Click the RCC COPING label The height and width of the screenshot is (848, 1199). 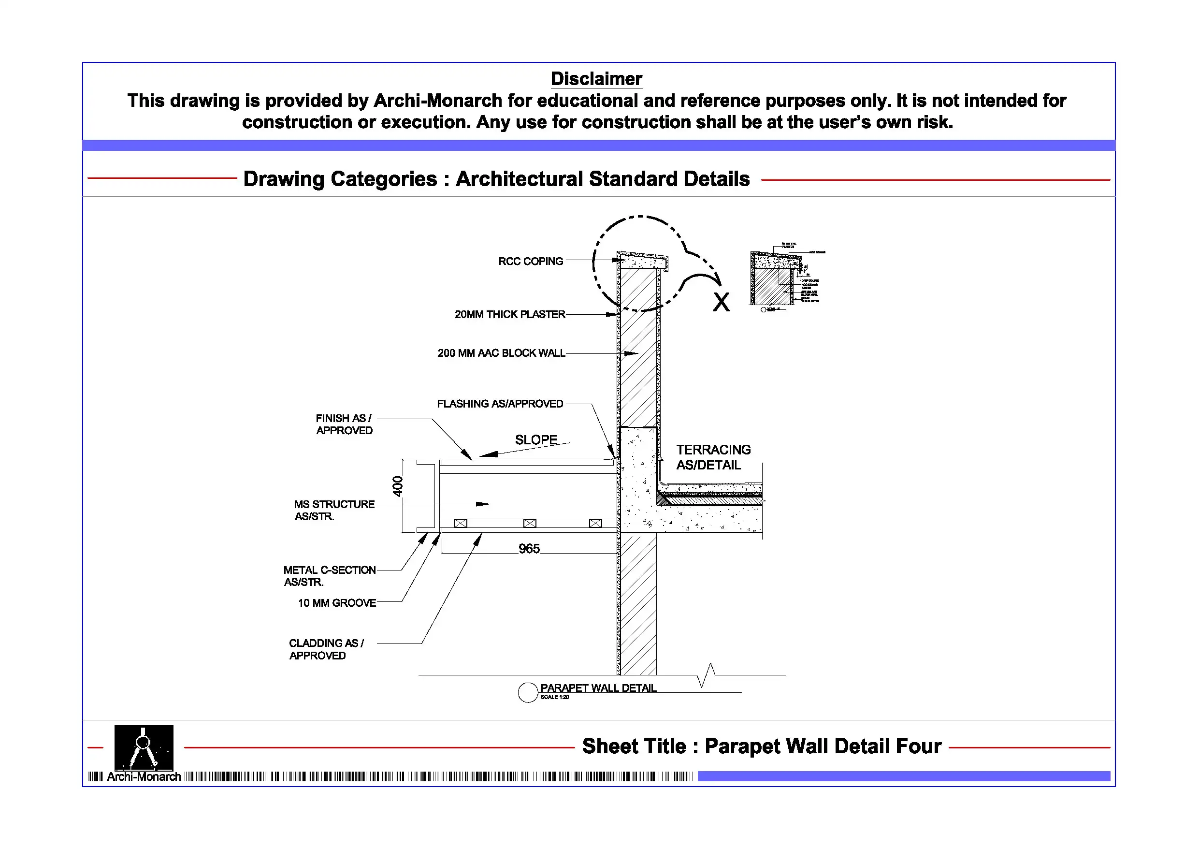tap(530, 261)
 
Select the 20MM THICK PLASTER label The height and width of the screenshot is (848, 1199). tap(510, 315)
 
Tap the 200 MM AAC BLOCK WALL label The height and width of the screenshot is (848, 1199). tap(501, 353)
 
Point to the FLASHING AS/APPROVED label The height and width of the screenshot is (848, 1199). tap(500, 404)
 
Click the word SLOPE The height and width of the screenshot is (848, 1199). tap(536, 440)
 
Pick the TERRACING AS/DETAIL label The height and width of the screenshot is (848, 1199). tap(713, 457)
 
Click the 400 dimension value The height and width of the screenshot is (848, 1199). tap(398, 486)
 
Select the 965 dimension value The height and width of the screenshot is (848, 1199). tap(529, 549)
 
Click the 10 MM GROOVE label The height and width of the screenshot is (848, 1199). tap(337, 603)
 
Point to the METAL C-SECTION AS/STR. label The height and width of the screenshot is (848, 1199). tap(329, 576)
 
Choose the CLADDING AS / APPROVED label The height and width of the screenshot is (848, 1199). tap(326, 649)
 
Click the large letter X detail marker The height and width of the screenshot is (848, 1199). tap(721, 303)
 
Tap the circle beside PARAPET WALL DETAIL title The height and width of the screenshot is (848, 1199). tap(528, 693)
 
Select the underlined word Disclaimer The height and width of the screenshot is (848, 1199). tap(596, 79)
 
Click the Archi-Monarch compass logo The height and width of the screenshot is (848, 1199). tap(144, 748)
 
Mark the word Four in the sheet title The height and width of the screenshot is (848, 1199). tap(919, 746)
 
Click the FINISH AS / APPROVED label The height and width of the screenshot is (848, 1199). tap(344, 424)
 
